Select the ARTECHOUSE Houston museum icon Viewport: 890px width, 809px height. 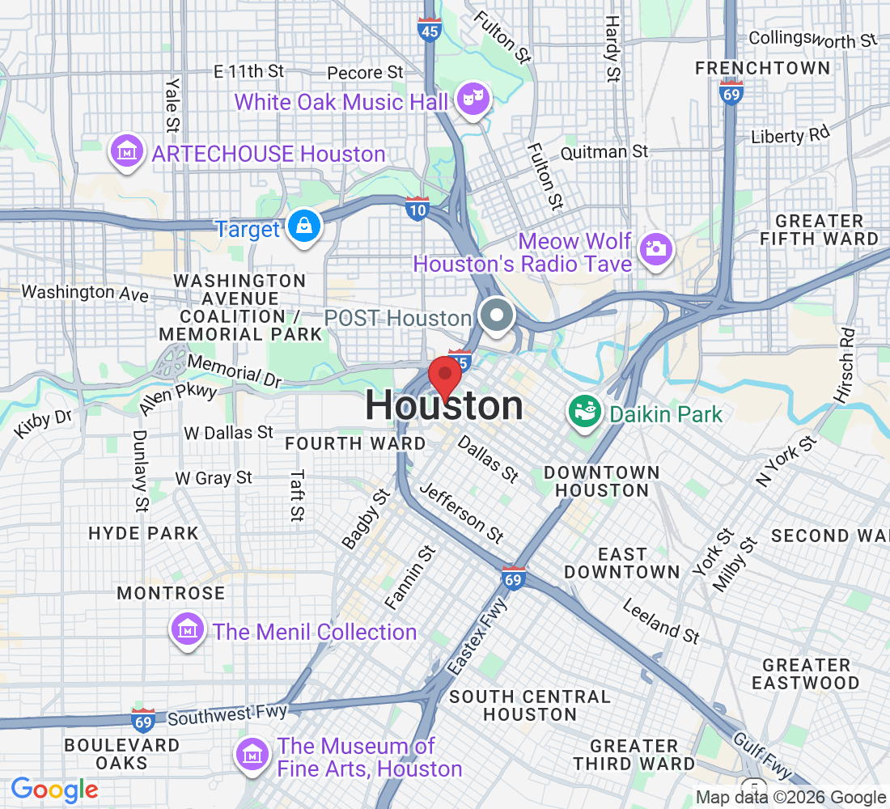point(128,152)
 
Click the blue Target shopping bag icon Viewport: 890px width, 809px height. point(306,227)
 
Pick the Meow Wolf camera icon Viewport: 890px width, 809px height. point(655,247)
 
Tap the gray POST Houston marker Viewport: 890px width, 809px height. point(495,316)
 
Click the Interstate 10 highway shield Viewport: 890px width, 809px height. point(417,209)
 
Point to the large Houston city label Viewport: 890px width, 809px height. point(444,406)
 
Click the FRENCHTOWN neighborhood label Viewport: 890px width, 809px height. point(762,68)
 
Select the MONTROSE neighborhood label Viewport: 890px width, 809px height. point(171,593)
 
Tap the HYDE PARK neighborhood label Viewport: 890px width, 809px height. point(143,533)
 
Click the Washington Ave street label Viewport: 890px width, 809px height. point(85,292)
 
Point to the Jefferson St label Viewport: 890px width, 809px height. point(462,513)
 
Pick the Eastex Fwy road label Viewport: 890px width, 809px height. point(477,637)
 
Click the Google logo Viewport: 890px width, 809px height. point(54,790)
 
